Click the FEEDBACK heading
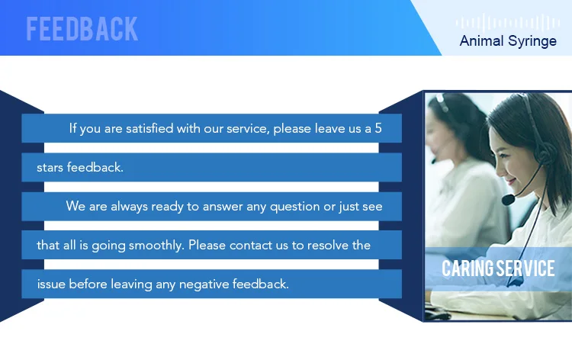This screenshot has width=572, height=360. (82, 28)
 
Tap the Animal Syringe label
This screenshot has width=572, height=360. (508, 41)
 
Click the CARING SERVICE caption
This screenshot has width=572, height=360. (498, 268)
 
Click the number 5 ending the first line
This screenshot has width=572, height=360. (378, 128)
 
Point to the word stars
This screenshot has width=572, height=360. (50, 167)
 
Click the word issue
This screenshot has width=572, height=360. (50, 284)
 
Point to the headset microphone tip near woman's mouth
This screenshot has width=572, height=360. (508, 200)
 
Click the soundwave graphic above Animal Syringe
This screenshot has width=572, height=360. (508, 23)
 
